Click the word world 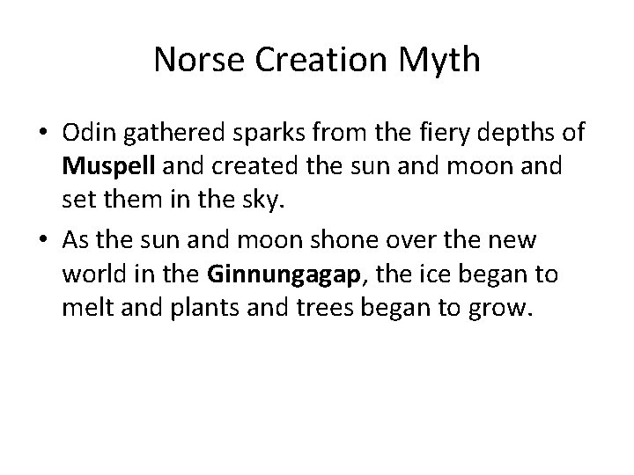(x=92, y=274)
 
